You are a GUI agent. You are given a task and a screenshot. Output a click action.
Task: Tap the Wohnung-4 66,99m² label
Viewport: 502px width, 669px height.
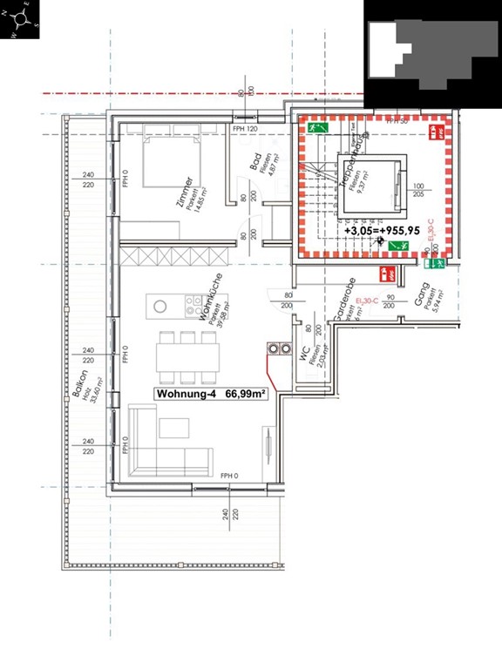click(x=210, y=394)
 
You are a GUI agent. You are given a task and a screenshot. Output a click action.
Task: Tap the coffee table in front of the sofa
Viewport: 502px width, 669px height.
click(x=174, y=426)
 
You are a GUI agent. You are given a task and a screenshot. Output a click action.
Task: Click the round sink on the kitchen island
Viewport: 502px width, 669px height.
click(x=160, y=306)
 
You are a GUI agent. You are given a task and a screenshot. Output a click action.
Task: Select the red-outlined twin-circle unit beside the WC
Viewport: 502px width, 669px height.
click(x=279, y=348)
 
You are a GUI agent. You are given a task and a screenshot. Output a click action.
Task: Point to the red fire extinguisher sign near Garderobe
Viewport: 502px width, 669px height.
click(x=390, y=274)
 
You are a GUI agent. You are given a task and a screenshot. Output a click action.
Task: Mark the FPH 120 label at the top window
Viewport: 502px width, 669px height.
click(x=246, y=129)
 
